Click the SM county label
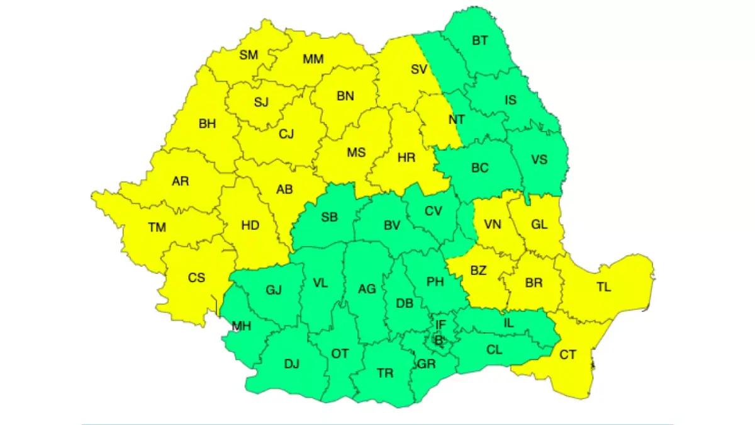tap(249, 55)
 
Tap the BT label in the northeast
tap(480, 41)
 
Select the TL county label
tap(603, 287)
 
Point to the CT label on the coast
tap(568, 355)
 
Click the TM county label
tap(157, 227)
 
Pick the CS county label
tap(196, 276)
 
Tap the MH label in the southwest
tap(242, 326)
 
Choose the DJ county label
tap(292, 363)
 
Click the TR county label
tap(385, 373)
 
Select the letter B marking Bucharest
tap(439, 341)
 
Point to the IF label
tap(440, 325)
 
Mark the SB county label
tap(330, 217)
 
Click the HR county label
tap(406, 157)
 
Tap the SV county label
tap(419, 69)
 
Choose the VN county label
tap(493, 224)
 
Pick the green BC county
tap(479, 168)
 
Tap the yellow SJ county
tap(261, 102)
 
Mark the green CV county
tap(433, 211)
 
